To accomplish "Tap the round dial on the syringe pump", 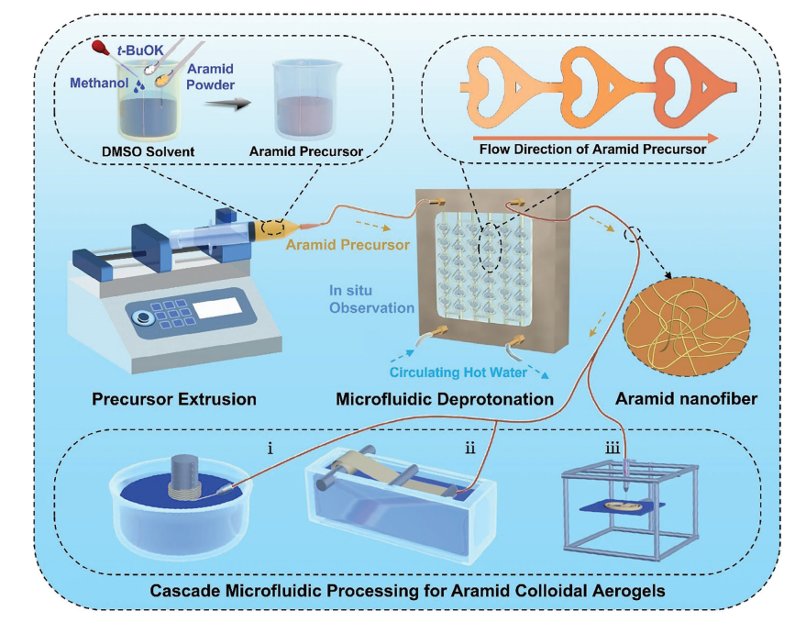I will [142, 317].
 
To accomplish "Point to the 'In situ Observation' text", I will [371, 299].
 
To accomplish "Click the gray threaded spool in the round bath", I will [186, 470].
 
